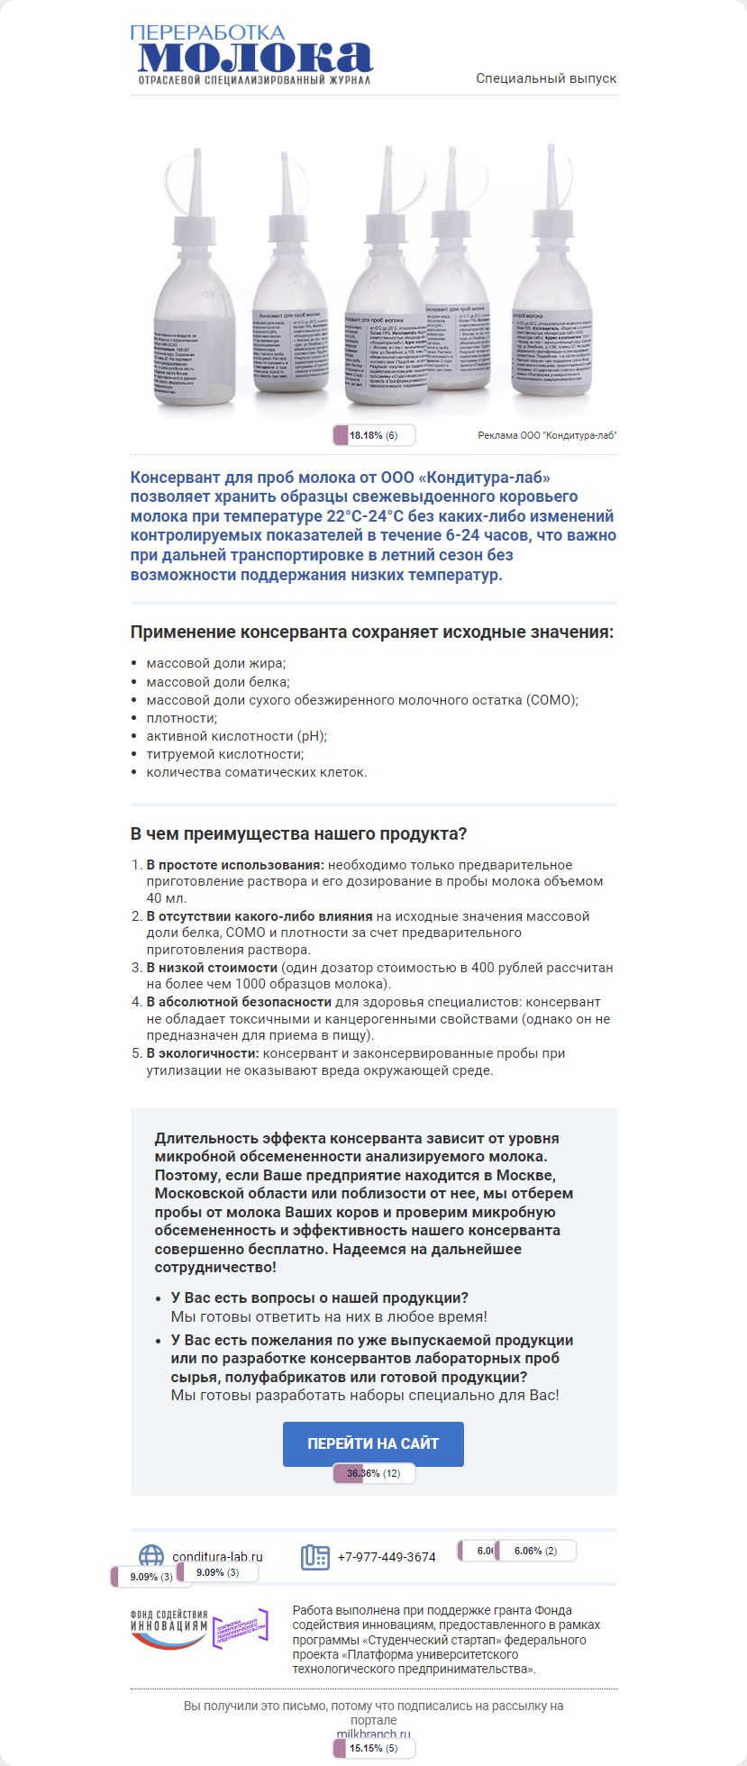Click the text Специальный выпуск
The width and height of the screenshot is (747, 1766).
[546, 78]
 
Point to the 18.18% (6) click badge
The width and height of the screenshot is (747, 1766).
[373, 436]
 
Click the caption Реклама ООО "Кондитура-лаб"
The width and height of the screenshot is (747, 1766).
[547, 436]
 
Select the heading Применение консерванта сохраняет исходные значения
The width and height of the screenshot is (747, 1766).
[371, 633]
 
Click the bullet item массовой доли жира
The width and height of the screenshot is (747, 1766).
[216, 663]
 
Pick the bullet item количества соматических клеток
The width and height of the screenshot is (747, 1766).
[257, 772]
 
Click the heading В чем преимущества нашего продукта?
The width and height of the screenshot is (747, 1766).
[298, 834]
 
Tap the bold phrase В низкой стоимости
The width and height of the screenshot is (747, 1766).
[212, 968]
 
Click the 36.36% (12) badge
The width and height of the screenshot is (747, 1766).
[373, 1474]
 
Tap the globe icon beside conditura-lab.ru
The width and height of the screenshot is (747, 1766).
[151, 1556]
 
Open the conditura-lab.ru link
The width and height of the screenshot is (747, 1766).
[217, 1556]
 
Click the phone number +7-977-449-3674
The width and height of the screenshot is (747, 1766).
[387, 1557]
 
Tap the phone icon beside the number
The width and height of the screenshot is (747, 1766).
[314, 1557]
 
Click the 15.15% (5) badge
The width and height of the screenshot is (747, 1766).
[373, 1749]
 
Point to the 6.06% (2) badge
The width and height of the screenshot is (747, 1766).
[535, 1551]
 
